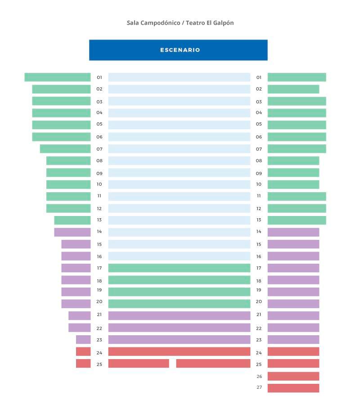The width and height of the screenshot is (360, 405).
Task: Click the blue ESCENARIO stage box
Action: pos(178,50)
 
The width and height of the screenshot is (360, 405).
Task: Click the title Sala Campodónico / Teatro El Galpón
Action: pos(180,22)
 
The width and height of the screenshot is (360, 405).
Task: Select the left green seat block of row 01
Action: pos(58,77)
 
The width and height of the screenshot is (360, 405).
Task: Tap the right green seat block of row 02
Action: pos(293,89)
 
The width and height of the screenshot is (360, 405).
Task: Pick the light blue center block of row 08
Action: pos(179,161)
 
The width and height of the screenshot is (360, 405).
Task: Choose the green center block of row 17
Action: pos(179,268)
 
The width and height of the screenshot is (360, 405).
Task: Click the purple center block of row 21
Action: pos(179,315)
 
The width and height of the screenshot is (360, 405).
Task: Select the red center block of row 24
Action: pos(179,351)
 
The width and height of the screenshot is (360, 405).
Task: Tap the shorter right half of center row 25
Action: pos(213,364)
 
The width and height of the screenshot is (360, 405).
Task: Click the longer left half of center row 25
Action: pos(139,364)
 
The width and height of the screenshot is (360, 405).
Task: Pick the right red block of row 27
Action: pos(293,388)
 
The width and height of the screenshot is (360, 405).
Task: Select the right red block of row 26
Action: pos(293,376)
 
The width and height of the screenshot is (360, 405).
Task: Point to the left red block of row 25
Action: pos(83,364)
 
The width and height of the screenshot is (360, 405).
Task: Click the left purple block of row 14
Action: pos(72,232)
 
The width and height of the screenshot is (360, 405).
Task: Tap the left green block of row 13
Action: pos(72,220)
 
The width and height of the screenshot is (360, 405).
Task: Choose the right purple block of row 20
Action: pos(293,304)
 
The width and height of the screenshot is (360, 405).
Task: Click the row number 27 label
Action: pos(259,387)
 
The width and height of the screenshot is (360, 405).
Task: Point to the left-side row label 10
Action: pos(99,184)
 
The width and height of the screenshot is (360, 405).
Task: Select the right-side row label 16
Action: pos(259,256)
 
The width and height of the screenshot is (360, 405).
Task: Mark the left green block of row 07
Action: pos(65,148)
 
